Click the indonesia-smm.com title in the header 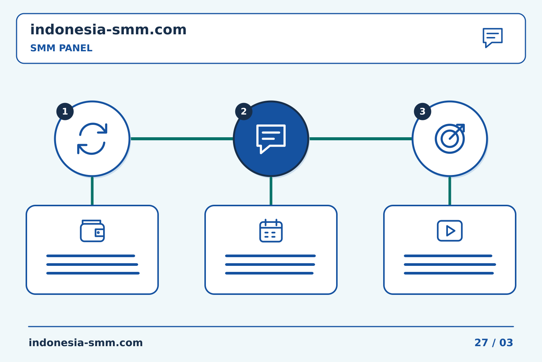[x=108, y=30]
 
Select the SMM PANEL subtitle [x=61, y=48]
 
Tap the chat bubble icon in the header [x=493, y=38]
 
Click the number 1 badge [x=65, y=112]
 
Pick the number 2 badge [x=244, y=112]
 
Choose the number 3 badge [x=422, y=112]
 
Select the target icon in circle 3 [x=450, y=139]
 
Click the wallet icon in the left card [x=92, y=231]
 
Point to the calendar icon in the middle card [x=271, y=230]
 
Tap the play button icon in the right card [x=450, y=230]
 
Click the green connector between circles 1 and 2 [x=182, y=139]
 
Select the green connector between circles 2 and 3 [x=361, y=139]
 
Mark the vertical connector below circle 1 [x=92, y=191]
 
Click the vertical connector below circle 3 [x=450, y=191]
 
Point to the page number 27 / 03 [x=493, y=343]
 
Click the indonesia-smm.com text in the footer [x=86, y=343]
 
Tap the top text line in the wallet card [x=91, y=256]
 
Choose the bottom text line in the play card [x=449, y=273]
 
